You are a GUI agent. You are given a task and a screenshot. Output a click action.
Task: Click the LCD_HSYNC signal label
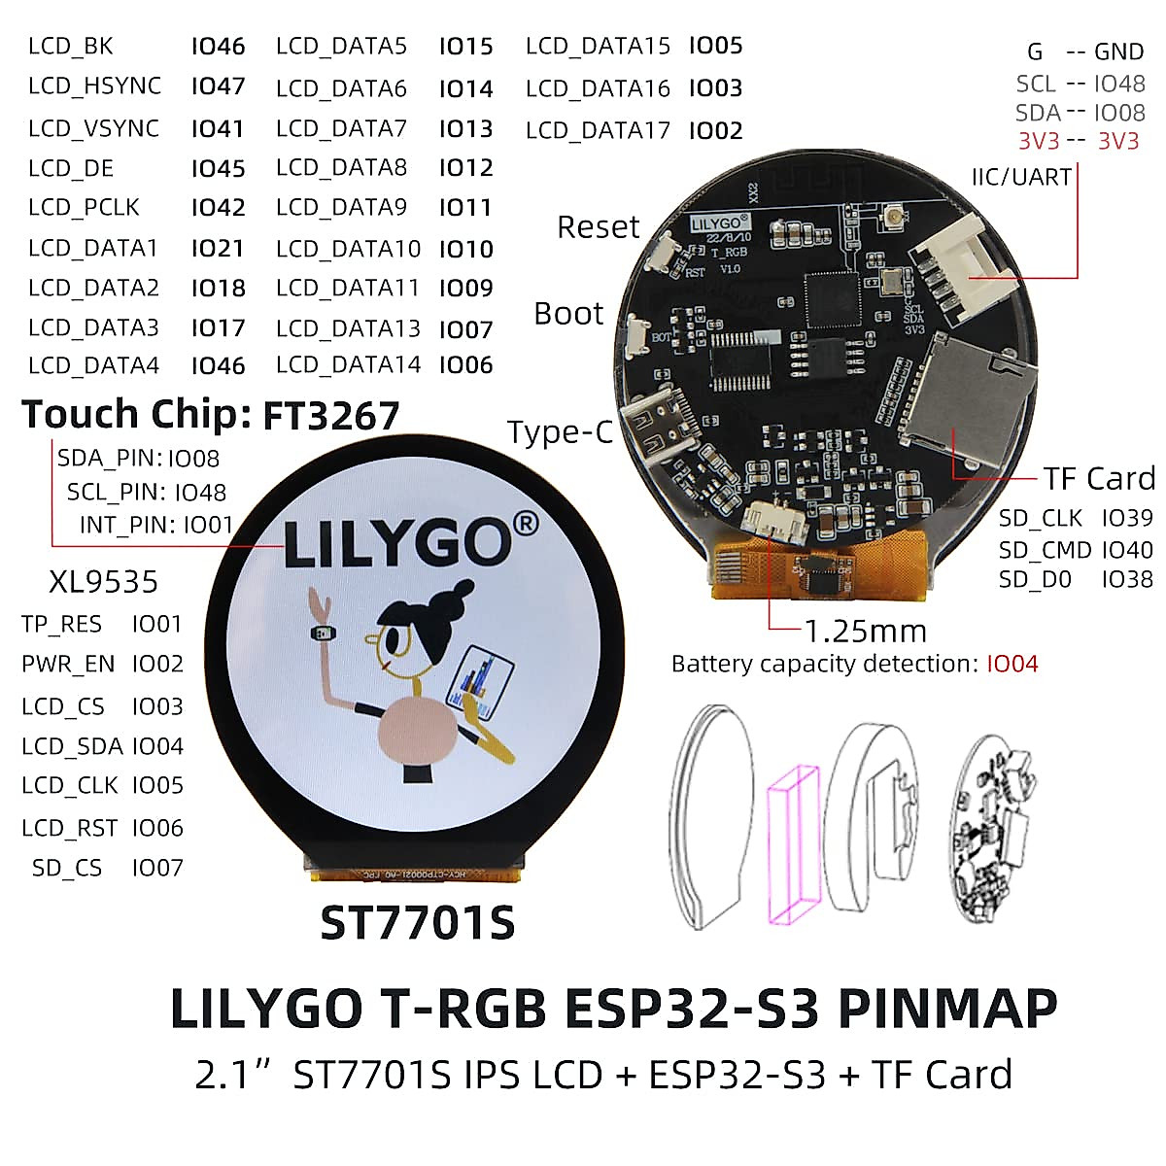[x=94, y=86]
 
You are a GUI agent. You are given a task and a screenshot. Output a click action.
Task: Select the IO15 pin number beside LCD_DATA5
[x=465, y=47]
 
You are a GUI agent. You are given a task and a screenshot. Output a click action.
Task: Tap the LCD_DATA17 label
[x=598, y=130]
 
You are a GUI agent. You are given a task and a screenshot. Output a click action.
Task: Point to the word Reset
[x=598, y=227]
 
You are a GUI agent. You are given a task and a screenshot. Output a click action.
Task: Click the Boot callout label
[x=568, y=314]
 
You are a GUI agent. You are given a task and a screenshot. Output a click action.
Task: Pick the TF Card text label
[x=1099, y=478]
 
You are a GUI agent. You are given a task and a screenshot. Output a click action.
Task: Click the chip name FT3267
[x=330, y=416]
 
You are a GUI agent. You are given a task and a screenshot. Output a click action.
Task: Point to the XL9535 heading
[x=103, y=582]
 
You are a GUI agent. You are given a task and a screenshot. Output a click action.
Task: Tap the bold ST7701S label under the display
[x=417, y=923]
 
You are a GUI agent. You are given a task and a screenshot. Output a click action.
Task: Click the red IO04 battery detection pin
[x=1012, y=664]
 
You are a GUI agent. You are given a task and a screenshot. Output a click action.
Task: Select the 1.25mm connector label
[x=865, y=632]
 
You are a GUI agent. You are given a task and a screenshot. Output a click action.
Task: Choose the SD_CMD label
[x=1045, y=550]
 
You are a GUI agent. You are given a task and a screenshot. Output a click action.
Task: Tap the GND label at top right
[x=1118, y=52]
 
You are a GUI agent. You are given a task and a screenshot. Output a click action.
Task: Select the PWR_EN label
[x=68, y=665]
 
